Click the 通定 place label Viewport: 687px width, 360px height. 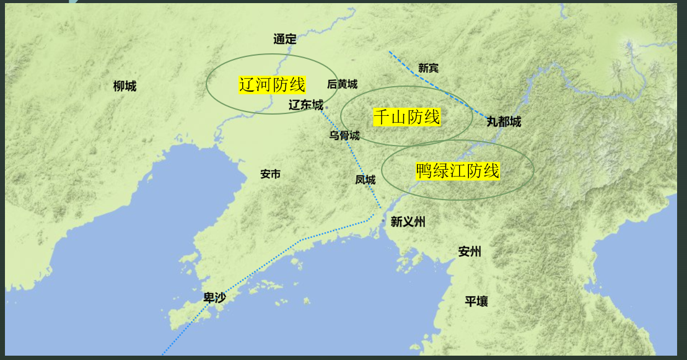(285, 39)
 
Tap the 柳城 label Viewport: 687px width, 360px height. (125, 86)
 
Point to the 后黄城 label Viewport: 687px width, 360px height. (342, 84)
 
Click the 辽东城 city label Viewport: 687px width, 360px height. (305, 105)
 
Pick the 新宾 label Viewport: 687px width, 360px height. (428, 68)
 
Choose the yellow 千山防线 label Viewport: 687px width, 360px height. (406, 116)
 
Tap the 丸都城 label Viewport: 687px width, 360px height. (504, 122)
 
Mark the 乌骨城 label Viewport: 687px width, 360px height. (344, 136)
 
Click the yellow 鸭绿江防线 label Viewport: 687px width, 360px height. (458, 170)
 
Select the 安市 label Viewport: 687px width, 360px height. (270, 174)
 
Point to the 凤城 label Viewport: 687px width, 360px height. (365, 180)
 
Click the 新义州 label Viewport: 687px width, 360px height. (408, 222)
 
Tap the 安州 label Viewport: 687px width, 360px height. (470, 252)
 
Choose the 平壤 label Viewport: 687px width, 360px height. (476, 302)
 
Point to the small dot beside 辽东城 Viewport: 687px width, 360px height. (326, 107)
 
